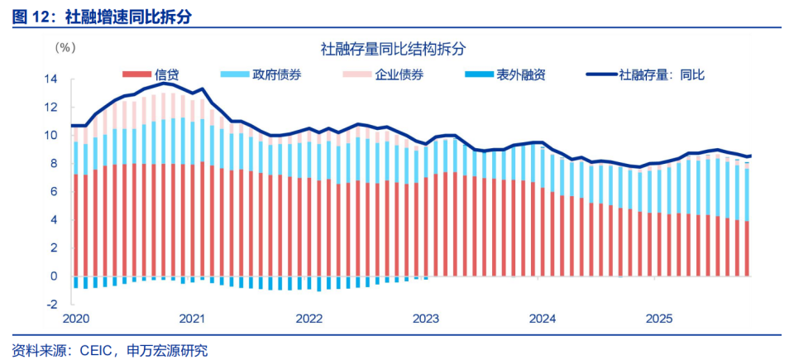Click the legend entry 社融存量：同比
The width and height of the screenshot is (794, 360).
[x=662, y=74]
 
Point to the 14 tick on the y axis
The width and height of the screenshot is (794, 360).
[x=51, y=79]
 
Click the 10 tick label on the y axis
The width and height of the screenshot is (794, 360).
[x=51, y=136]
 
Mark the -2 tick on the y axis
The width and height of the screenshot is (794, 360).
[x=52, y=304]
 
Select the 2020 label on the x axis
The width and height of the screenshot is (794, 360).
[x=75, y=319]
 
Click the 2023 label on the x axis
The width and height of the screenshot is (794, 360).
[x=425, y=319]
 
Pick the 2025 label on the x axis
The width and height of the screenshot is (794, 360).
[x=658, y=319]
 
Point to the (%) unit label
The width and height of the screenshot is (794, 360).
[x=65, y=48]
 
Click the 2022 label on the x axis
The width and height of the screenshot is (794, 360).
[x=309, y=319]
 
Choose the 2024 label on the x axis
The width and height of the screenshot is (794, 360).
[x=542, y=319]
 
